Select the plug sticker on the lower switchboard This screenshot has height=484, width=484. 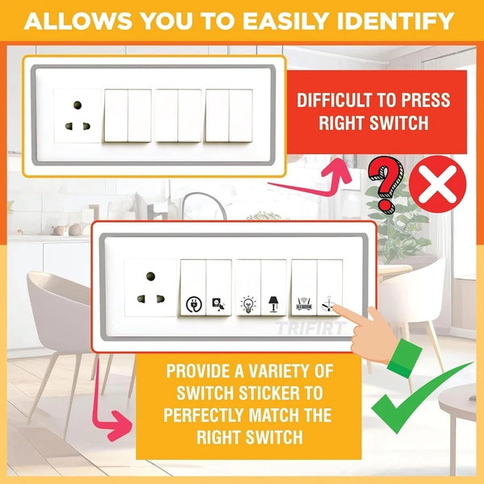(x=194, y=304)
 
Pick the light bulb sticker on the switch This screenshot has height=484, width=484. (x=248, y=304)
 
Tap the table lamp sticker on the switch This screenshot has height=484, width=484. (x=273, y=304)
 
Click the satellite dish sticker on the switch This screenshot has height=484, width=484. (x=219, y=304)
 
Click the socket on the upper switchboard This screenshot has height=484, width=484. (x=77, y=117)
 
